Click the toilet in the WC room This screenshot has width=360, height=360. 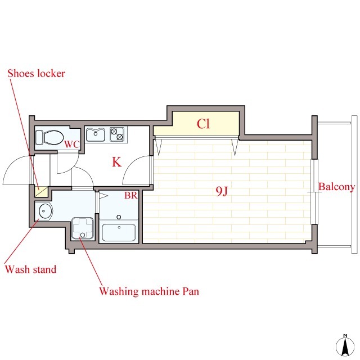49,137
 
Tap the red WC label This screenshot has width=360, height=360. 72,145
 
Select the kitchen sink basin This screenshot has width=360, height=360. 96,135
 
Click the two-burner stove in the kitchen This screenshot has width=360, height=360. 117,134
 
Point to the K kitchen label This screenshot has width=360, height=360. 116,162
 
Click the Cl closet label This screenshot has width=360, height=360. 203,124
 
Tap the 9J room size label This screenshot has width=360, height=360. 222,191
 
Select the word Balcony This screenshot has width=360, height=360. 336,187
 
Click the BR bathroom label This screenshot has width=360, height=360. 131,195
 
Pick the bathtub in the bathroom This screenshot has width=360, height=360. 119,232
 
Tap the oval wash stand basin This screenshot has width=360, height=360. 45,211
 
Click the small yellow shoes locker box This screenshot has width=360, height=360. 41,192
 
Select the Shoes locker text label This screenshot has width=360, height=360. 36,74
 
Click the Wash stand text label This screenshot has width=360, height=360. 30,269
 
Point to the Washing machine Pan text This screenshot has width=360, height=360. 149,291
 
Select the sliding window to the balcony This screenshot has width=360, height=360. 314,192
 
